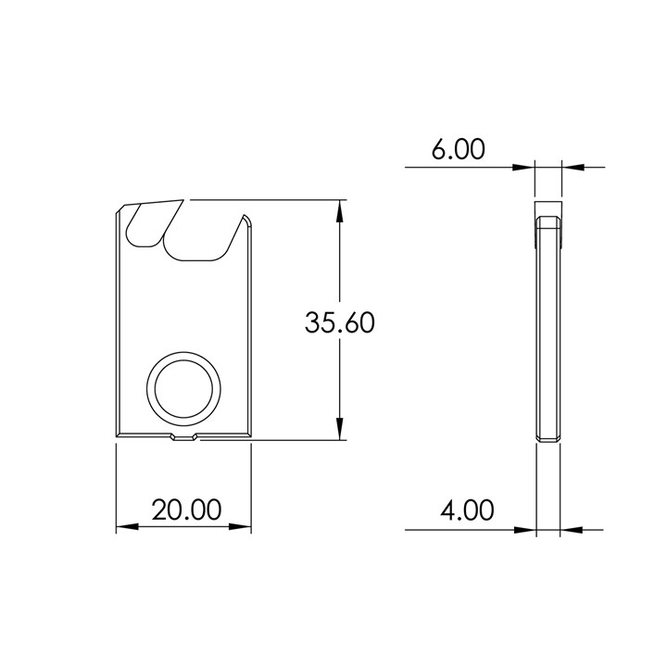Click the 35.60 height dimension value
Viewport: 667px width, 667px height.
point(340,323)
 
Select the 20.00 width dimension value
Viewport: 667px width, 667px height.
point(186,510)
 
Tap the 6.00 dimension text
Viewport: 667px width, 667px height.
point(457,150)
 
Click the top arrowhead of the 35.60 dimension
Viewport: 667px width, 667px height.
point(342,209)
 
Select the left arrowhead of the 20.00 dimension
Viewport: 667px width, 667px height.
point(126,527)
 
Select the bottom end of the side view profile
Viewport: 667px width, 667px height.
point(548,437)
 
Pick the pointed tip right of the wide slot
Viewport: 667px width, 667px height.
point(245,219)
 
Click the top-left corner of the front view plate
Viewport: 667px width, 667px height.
point(119,210)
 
